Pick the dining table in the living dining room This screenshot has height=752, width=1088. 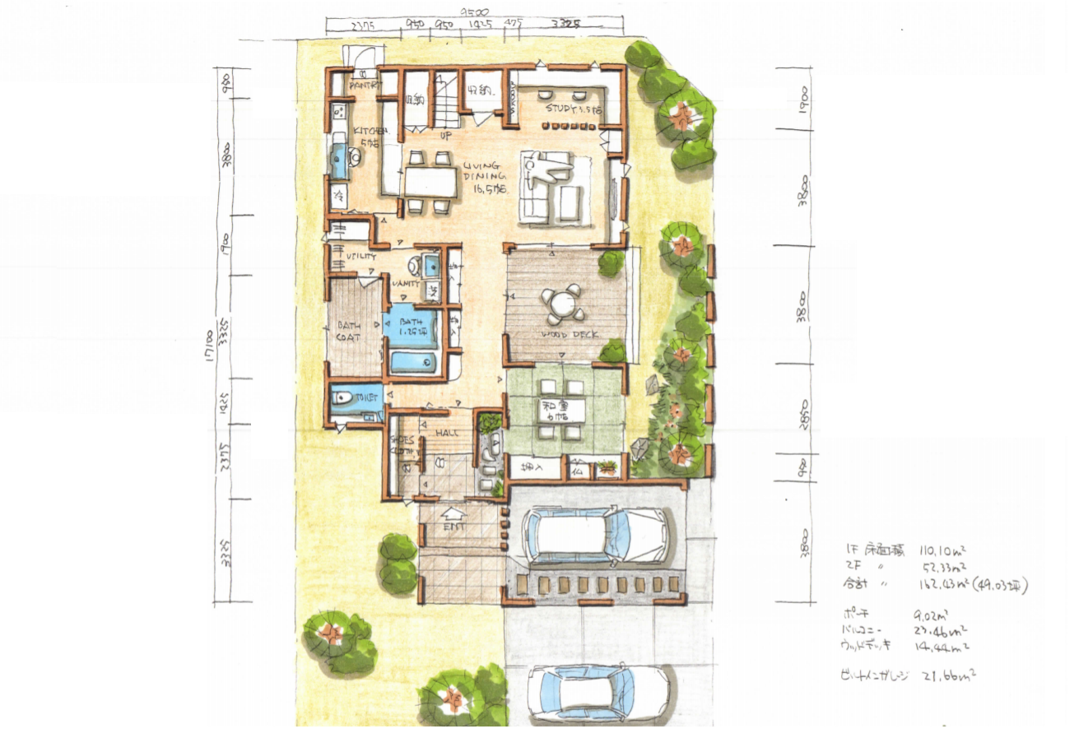430,180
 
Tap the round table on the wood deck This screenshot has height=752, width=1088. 561,304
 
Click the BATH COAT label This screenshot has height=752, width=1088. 349,331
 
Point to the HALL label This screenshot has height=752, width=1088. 447,433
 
